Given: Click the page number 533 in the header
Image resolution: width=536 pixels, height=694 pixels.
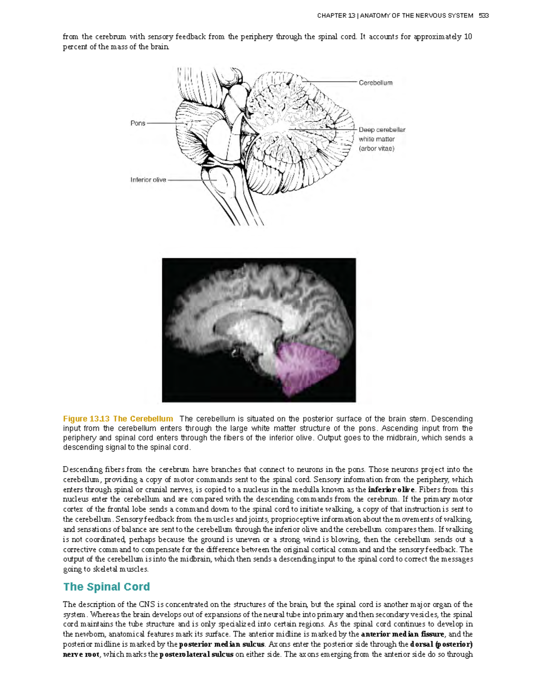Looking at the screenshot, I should pyautogui.click(x=483, y=16).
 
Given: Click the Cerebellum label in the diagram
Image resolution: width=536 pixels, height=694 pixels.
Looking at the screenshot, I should pyautogui.click(x=375, y=83).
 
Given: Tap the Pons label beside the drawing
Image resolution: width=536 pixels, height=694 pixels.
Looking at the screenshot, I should pyautogui.click(x=138, y=123).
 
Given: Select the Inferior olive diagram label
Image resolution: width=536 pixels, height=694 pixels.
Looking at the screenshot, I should pyautogui.click(x=148, y=180).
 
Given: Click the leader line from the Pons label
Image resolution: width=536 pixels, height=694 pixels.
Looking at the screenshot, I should pyautogui.click(x=165, y=123).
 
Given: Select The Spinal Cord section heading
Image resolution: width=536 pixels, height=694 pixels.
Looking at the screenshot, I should pyautogui.click(x=106, y=587).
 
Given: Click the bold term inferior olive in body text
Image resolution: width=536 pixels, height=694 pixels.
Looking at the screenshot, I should pyautogui.click(x=391, y=489).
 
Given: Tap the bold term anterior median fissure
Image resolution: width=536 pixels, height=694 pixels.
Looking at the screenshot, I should pyautogui.click(x=402, y=634).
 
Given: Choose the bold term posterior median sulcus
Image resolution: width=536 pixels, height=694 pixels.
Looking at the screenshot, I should pyautogui.click(x=222, y=644).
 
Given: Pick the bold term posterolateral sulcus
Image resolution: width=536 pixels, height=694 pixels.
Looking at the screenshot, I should pyautogui.click(x=196, y=654).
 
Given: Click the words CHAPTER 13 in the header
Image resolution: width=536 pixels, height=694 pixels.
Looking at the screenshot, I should pyautogui.click(x=336, y=16).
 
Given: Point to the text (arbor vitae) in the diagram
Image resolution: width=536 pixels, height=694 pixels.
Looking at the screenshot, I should pyautogui.click(x=377, y=148).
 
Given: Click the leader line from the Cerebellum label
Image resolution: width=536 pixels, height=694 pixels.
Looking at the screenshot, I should pyautogui.click(x=331, y=82).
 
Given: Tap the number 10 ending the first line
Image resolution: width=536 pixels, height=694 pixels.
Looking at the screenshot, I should pyautogui.click(x=468, y=37).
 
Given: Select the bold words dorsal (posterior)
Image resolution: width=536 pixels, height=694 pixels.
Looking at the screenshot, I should pyautogui.click(x=441, y=644).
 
